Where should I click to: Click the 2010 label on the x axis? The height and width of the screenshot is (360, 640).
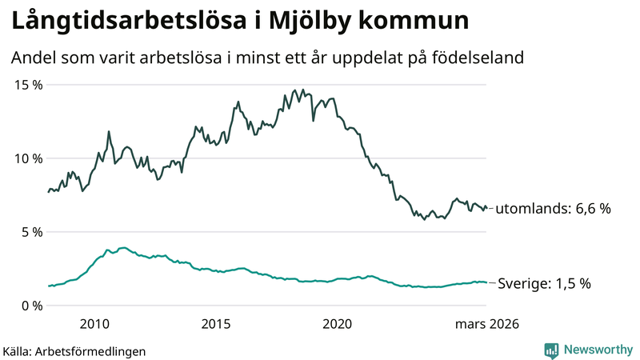(x=94, y=324)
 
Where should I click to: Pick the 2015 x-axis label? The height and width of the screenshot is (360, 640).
(x=215, y=324)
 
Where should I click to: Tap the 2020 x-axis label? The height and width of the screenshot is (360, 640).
(x=337, y=324)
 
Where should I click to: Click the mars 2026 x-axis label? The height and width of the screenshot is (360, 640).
(x=487, y=324)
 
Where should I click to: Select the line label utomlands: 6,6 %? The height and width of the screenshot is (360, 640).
(x=553, y=209)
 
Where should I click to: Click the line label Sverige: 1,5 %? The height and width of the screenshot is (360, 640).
(x=544, y=283)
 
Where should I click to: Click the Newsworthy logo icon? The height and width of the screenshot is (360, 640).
(x=551, y=350)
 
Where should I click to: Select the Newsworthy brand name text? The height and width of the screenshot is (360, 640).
(x=597, y=350)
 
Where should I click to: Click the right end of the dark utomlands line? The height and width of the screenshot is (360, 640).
(x=486, y=208)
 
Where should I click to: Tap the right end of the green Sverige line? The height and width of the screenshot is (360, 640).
(x=486, y=282)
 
